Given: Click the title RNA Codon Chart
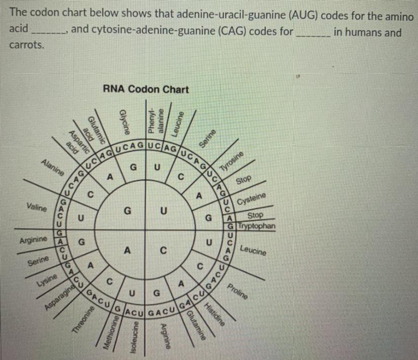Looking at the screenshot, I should tap(145, 89).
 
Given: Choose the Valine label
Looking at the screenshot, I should tap(37, 207).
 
